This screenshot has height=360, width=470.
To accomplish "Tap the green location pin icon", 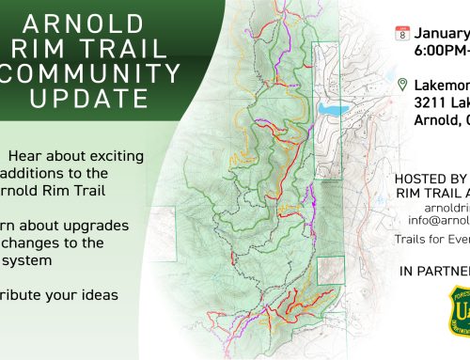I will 402,86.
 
